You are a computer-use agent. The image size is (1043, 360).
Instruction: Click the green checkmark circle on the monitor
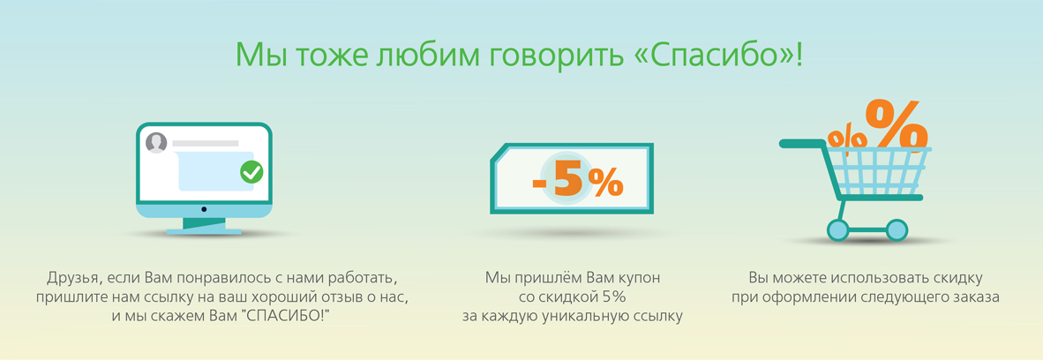251,172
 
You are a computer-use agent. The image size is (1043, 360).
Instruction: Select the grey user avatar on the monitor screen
155,142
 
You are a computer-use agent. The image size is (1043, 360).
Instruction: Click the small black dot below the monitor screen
204,210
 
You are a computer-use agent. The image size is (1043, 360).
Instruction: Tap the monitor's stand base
204,231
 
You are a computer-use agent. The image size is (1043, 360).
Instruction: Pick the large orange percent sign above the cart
896,124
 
